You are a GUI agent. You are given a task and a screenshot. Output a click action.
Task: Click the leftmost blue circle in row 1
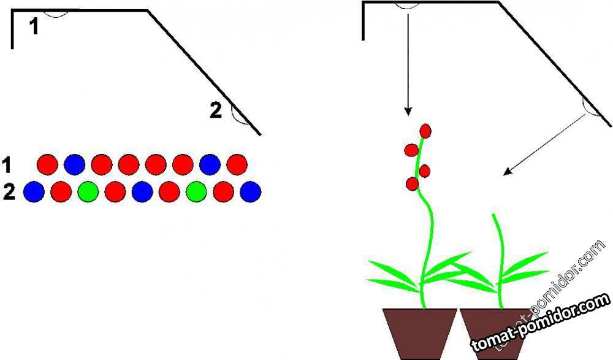[x=74, y=164]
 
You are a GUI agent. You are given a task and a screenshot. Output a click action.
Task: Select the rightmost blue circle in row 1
[x=210, y=164]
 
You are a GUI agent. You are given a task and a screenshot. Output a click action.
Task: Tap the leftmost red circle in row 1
[x=47, y=164]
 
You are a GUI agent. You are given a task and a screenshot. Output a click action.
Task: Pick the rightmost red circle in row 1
[x=237, y=164]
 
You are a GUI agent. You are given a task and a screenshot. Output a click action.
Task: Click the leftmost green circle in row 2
[x=88, y=192]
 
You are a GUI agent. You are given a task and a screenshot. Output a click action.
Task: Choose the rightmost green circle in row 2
[x=196, y=192]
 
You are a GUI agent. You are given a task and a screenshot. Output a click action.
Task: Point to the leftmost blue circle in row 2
[x=34, y=192]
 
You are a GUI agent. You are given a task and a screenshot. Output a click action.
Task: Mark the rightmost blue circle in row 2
[x=251, y=192]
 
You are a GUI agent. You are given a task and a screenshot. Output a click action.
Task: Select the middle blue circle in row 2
[x=142, y=192]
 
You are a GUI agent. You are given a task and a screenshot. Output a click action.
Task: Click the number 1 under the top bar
[x=34, y=26]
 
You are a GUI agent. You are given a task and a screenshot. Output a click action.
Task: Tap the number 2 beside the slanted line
[x=215, y=110]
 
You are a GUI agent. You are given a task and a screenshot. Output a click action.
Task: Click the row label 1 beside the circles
[x=7, y=164]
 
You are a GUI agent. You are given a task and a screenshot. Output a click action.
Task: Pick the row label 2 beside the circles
[x=9, y=193]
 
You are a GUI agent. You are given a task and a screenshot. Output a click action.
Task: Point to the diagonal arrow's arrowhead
[x=506, y=174]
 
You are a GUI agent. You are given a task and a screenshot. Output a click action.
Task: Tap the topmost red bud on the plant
[x=424, y=130]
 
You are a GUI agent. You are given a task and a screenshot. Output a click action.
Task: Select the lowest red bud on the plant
[x=413, y=183]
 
